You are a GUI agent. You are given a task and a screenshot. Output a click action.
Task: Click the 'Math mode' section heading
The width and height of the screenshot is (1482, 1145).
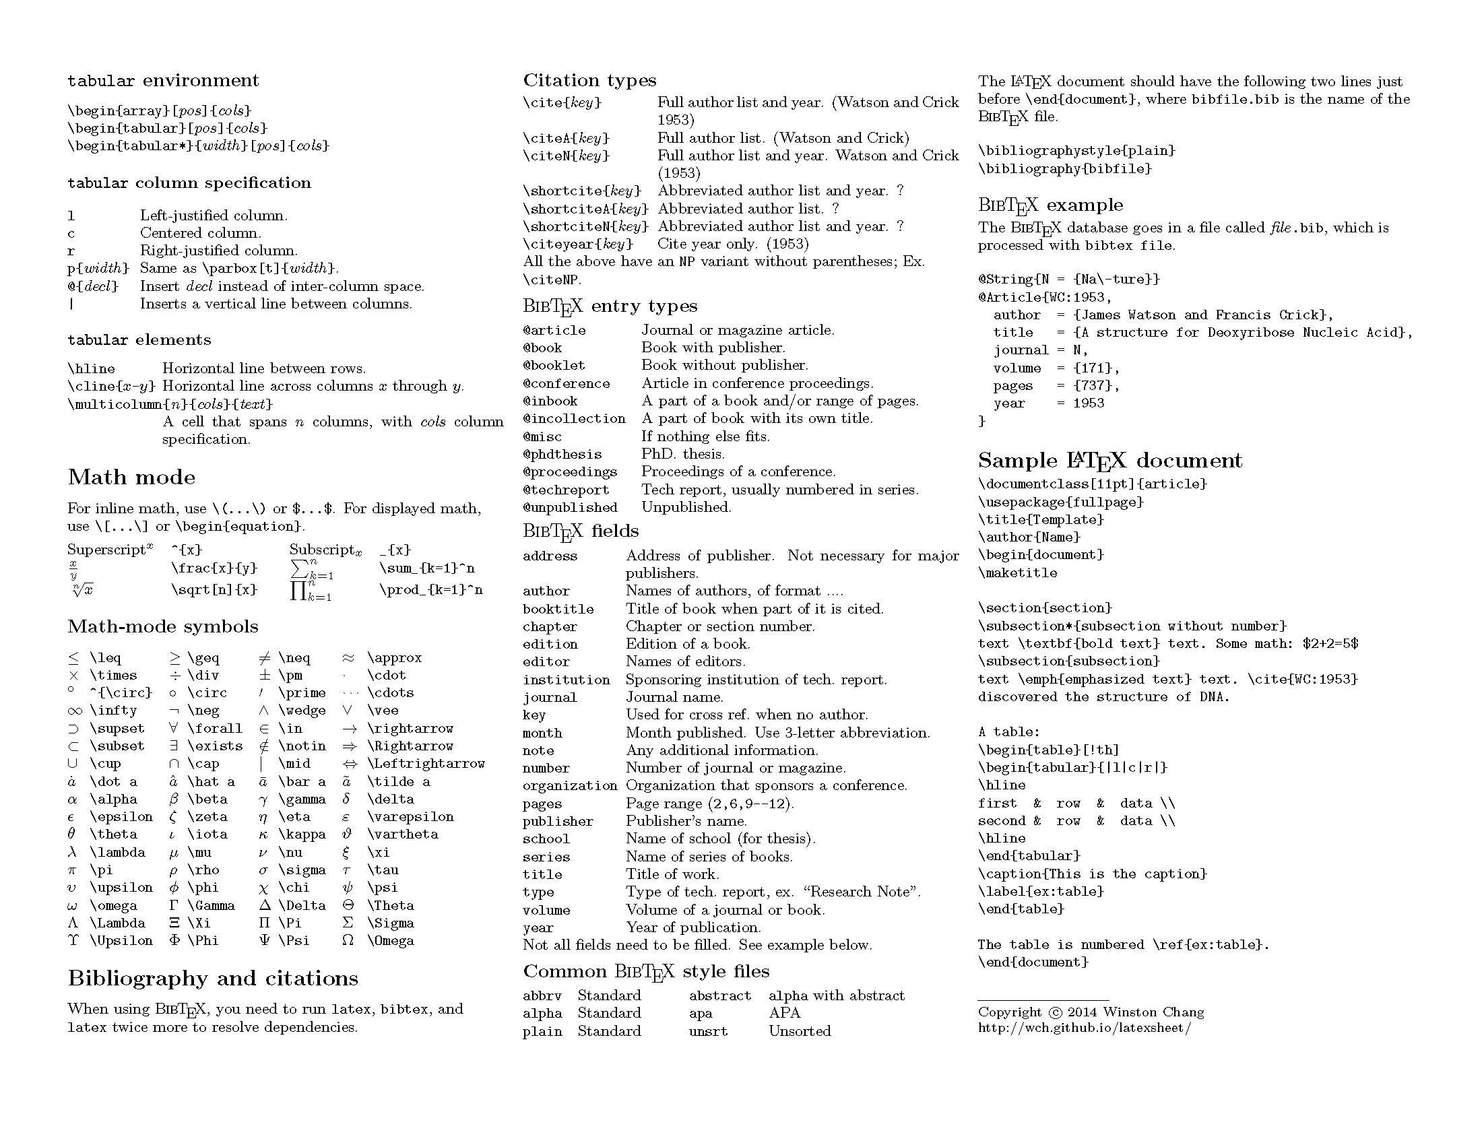[131, 478]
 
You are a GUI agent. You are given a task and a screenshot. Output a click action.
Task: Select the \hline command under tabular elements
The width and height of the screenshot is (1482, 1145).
[92, 369]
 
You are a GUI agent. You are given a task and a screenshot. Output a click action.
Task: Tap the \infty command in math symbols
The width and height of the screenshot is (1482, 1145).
[113, 711]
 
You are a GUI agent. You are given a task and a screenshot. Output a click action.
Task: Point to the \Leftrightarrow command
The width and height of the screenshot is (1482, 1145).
[426, 764]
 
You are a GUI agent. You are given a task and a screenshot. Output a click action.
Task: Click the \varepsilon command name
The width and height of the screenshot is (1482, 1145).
[410, 817]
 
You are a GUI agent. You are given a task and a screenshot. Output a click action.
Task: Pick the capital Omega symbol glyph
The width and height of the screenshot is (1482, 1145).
[348, 941]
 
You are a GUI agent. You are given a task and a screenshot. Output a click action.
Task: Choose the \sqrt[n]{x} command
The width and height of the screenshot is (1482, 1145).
[214, 589]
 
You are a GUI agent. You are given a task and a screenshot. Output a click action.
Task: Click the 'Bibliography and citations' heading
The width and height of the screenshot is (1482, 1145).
[213, 979]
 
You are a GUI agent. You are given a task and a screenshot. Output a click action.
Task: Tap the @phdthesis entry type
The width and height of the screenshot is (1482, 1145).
[562, 455]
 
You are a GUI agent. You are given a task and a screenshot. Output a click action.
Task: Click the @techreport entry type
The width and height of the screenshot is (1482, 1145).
[566, 490]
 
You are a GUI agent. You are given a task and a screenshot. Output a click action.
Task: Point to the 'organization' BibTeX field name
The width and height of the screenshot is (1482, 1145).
[570, 785]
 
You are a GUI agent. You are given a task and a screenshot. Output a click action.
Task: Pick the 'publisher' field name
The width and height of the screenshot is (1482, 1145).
[558, 822]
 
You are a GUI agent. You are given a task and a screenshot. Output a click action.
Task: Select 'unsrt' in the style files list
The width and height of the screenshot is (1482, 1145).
[709, 1031]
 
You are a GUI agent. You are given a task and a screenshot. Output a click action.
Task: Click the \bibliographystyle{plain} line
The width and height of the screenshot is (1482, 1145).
[1077, 151]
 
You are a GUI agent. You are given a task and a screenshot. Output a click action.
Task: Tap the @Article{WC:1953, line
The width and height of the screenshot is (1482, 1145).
[1045, 297]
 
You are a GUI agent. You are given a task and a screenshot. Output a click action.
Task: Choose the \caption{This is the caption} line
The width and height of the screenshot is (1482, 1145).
[1093, 874]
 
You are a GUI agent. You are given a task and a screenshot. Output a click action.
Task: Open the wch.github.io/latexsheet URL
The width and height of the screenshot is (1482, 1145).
[1085, 1028]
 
